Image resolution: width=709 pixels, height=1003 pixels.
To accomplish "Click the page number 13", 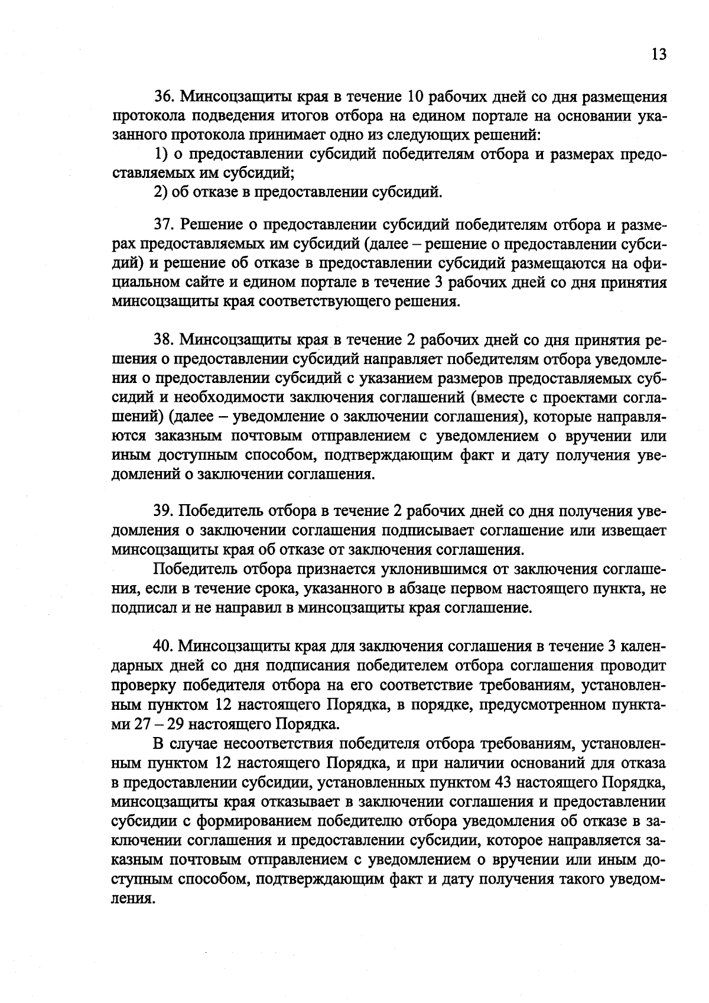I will pos(659,54).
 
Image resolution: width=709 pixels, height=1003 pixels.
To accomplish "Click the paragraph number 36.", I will pos(165,96).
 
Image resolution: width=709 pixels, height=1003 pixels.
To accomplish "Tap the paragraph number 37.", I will pos(165,225).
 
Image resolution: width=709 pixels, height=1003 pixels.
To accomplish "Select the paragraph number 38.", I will pos(165,340).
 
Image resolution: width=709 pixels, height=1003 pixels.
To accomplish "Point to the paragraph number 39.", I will pos(165,511).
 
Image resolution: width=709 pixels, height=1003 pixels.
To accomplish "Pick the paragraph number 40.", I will pos(165,646).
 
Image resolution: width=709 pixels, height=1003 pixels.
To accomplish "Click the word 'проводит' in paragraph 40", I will pos(636,666).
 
